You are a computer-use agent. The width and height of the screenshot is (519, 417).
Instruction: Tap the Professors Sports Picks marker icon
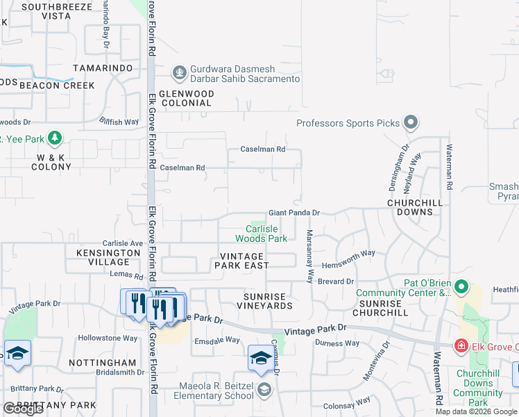[411, 123]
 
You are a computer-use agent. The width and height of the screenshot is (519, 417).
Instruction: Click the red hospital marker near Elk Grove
[460, 345]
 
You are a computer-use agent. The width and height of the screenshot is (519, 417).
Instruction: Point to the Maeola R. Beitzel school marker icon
[264, 389]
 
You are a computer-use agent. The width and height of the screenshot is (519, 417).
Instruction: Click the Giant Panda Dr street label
[294, 213]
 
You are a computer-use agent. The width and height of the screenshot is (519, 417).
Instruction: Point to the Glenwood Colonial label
[185, 98]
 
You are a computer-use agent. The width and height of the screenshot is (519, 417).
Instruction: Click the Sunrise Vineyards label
[264, 300]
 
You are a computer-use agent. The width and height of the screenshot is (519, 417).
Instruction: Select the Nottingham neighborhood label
[103, 363]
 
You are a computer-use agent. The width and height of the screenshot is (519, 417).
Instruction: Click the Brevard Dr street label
[336, 281]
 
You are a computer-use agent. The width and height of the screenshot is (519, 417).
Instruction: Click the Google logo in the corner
[23, 409]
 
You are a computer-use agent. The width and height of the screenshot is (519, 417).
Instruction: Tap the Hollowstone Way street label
[108, 338]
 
